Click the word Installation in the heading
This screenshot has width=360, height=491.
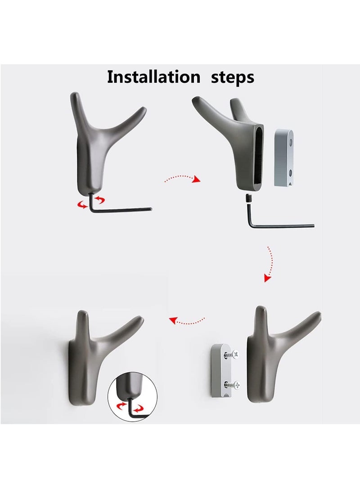pyautogui.click(x=153, y=77)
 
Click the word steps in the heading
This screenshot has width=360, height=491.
pyautogui.click(x=232, y=78)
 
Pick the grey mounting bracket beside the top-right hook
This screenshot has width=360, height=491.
pyautogui.click(x=284, y=158)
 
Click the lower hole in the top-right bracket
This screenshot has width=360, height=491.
pyautogui.click(x=291, y=172)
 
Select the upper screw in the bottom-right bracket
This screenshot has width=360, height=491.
pyautogui.click(x=232, y=355)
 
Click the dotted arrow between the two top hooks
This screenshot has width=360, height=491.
pyautogui.click(x=182, y=179)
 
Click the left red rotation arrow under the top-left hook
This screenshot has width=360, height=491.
pyautogui.click(x=83, y=204)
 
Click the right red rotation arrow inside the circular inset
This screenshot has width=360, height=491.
pyautogui.click(x=138, y=408)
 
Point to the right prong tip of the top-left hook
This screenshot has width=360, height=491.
pyautogui.click(x=144, y=108)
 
